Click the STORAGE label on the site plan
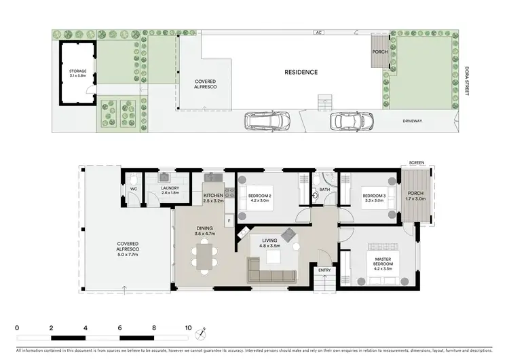click(78, 71)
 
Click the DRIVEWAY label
click(412, 121)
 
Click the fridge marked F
click(230, 221)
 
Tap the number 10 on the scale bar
click(189, 327)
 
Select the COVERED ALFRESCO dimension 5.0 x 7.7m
click(128, 254)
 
